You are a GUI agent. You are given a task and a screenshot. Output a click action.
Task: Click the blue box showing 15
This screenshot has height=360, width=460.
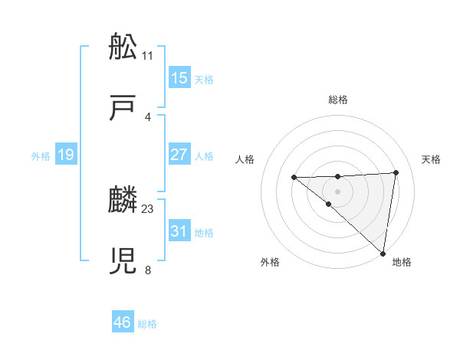point(179,78)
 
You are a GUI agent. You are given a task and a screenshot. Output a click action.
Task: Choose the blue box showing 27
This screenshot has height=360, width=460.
point(179,154)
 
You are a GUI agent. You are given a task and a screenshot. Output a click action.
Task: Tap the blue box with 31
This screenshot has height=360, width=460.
point(179,231)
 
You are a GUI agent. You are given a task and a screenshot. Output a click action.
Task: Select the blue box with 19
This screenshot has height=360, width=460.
point(65,155)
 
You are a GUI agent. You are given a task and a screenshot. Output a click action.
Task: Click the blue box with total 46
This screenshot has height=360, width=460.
point(122,322)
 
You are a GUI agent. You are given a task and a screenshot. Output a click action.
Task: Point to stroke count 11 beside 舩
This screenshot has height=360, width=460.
point(148,56)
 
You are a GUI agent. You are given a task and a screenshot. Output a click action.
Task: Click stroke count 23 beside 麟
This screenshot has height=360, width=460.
point(148,208)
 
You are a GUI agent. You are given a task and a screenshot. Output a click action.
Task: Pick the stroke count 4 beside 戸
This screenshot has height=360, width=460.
point(147,116)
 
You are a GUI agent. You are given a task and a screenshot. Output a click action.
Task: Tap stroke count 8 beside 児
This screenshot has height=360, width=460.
point(147,269)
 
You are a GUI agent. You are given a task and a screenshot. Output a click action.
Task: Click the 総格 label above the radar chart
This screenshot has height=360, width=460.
point(338,100)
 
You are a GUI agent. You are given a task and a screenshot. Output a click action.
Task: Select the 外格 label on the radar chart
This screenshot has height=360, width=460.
point(270,262)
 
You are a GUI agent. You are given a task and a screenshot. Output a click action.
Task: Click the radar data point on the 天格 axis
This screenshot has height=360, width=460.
point(396,172)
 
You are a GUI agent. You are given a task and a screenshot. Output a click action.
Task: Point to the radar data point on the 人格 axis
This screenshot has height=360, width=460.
point(294,178)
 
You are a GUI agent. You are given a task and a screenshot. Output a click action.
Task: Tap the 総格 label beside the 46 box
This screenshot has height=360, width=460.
point(147,324)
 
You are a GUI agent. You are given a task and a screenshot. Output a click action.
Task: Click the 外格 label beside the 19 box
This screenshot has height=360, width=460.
point(41,156)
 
